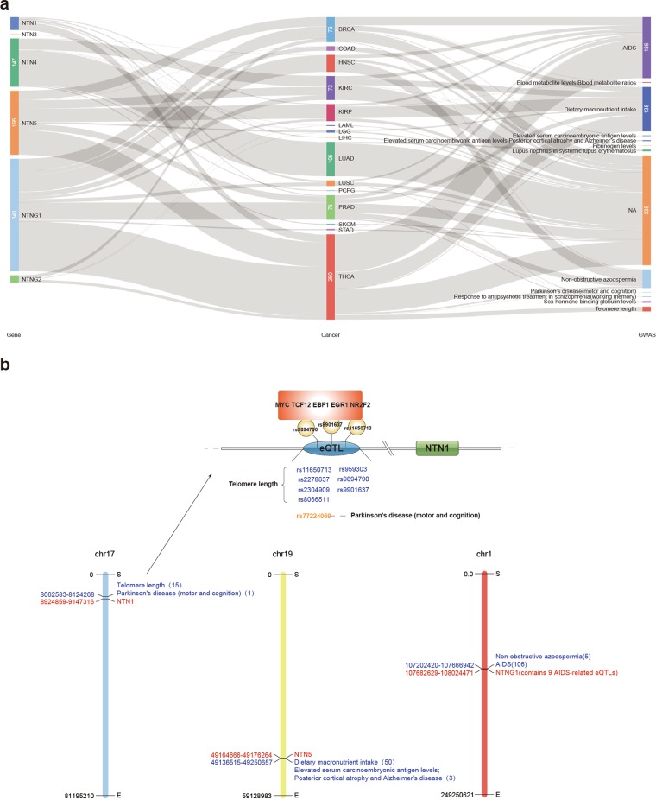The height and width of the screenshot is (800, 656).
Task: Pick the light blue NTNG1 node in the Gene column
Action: [x=14, y=214]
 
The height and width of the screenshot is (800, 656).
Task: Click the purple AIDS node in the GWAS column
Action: [x=646, y=48]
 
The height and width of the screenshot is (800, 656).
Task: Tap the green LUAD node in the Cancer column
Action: [x=331, y=159]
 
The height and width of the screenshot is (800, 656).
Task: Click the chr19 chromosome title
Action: [x=282, y=556]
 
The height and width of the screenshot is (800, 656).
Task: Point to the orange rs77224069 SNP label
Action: [x=313, y=516]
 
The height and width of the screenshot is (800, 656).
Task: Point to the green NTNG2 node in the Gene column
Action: [x=14, y=279]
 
